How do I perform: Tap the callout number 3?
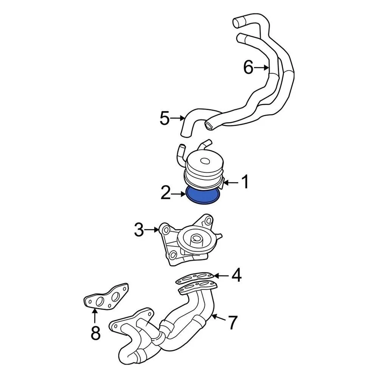coord(139,230)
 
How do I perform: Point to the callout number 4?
coord(236,276)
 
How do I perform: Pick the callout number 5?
coord(165,118)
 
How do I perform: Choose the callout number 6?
coord(248,68)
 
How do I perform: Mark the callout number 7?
coord(233,323)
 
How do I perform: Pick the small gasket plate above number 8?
coord(107,299)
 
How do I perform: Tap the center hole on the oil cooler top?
coord(206,161)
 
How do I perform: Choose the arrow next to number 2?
coord(180,193)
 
